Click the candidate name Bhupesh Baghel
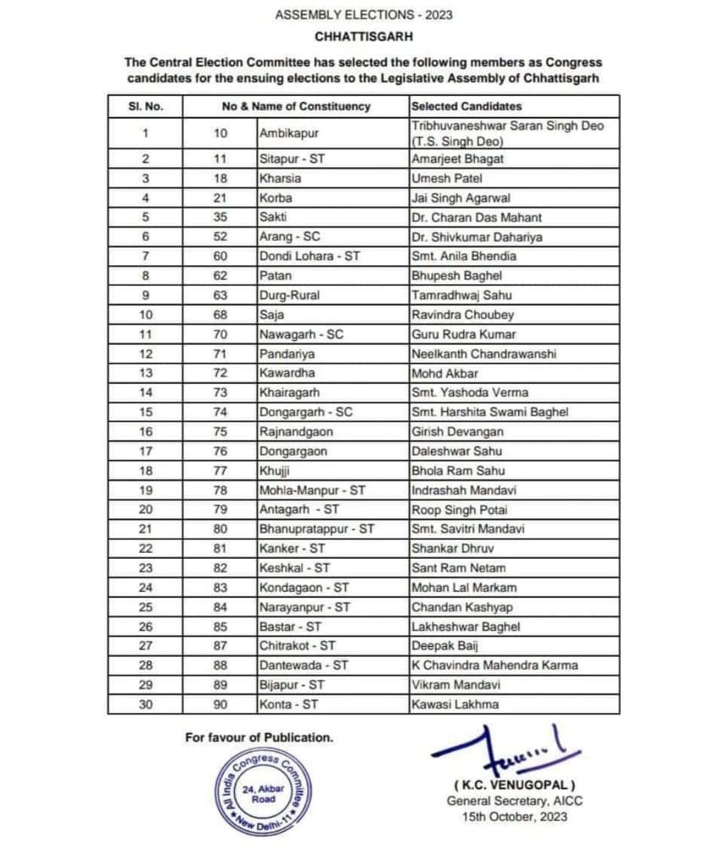[444, 276]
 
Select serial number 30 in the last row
[146, 705]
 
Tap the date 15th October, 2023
[515, 817]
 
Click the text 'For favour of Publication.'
[259, 738]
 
